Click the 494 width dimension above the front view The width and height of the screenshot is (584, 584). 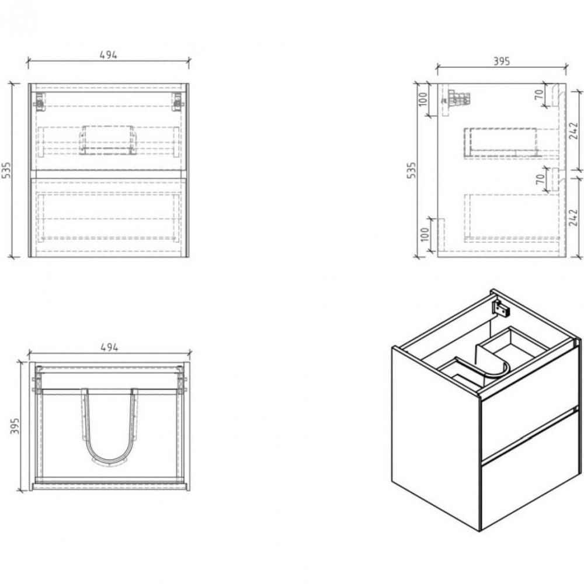coord(109,55)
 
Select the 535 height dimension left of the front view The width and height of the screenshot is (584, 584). coord(6,170)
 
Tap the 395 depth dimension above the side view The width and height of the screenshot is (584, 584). coord(502,61)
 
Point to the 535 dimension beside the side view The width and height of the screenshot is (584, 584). coord(411,170)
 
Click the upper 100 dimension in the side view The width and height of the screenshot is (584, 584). coord(423,99)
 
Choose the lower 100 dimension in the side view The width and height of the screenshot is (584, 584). coord(424,234)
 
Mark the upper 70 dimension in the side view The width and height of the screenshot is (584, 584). coord(538,95)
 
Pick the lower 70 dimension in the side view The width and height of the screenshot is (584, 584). coord(540,179)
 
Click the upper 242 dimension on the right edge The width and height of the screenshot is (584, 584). coord(573,130)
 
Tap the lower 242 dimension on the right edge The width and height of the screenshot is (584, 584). coord(573,217)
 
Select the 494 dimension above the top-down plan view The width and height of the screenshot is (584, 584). coord(110,347)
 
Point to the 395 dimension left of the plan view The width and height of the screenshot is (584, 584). coord(14,426)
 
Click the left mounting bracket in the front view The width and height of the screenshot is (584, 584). coord(39,101)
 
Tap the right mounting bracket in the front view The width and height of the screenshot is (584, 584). coord(178,101)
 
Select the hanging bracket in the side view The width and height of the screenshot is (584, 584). coord(457,98)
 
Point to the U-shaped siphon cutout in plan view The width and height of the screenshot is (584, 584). coord(108,427)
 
